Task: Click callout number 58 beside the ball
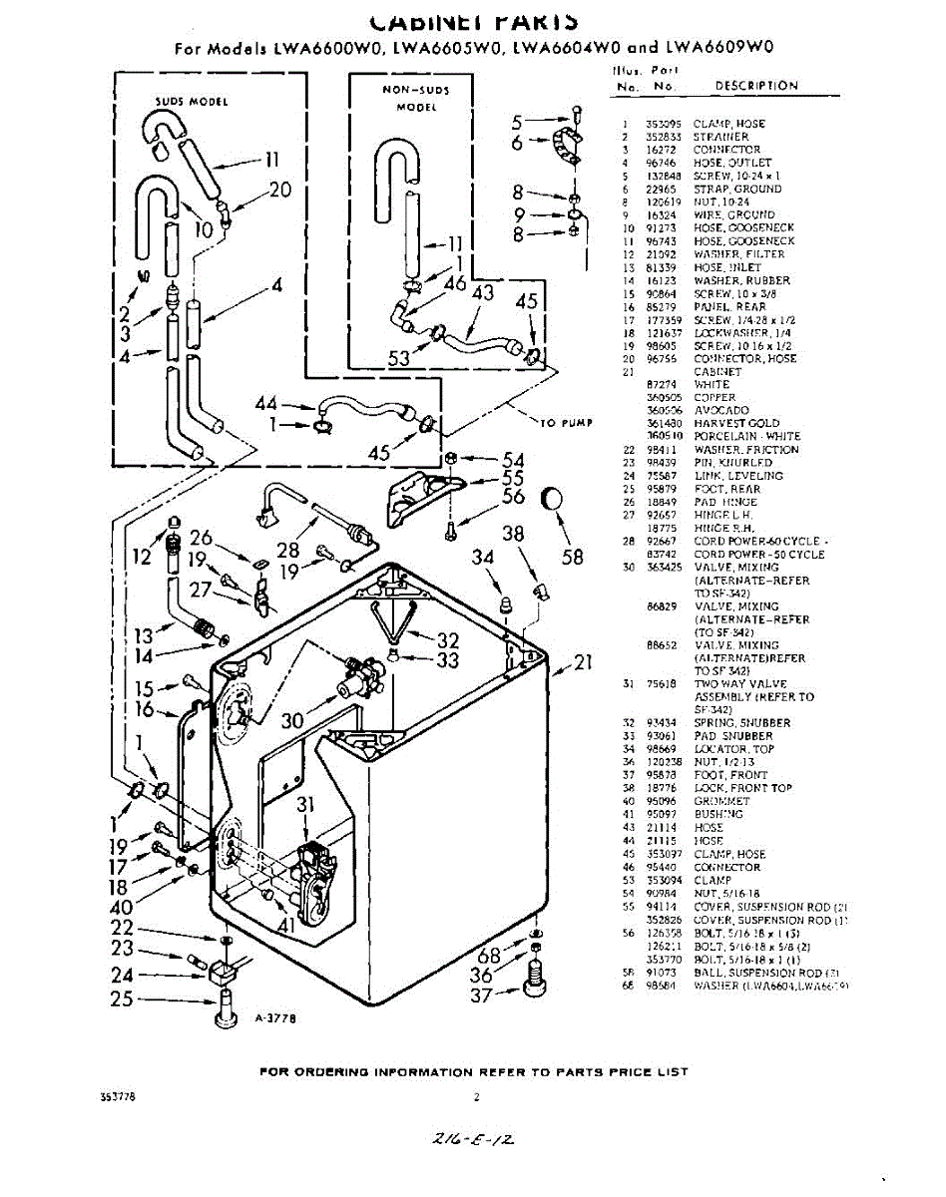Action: (x=572, y=558)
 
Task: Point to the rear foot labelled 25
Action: (x=225, y=1009)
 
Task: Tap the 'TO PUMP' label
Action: (x=566, y=423)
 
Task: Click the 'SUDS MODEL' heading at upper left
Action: (x=192, y=102)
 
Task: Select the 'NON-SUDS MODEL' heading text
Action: (x=416, y=98)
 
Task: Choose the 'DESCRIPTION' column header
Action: (x=756, y=86)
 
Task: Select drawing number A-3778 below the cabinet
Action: (x=275, y=1018)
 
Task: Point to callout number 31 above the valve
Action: (x=306, y=805)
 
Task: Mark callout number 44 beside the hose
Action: (x=265, y=403)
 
